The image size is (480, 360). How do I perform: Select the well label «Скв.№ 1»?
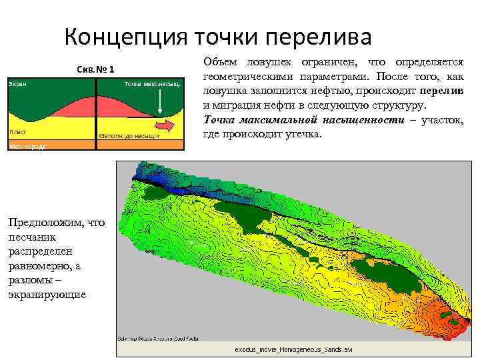point(96,69)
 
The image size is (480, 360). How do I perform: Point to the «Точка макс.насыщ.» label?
point(152,85)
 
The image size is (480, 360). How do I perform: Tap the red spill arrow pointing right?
point(165,125)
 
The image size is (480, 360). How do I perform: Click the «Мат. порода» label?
point(27,146)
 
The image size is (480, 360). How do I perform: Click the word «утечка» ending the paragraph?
point(304,134)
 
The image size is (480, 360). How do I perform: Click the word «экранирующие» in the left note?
point(47,295)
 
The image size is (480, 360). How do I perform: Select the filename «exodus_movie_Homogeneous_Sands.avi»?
point(293,349)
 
